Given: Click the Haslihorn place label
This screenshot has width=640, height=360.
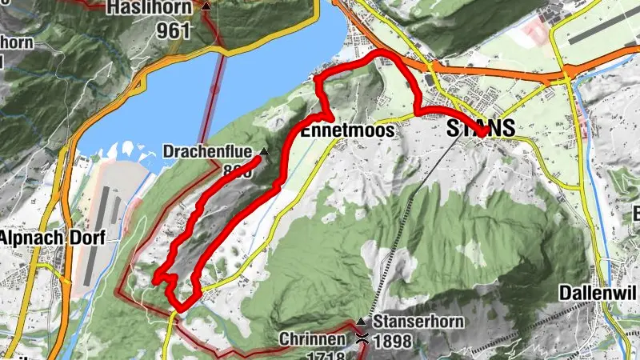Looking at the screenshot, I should (x=152, y=10).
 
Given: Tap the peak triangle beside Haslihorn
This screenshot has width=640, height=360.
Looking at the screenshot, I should (x=207, y=6).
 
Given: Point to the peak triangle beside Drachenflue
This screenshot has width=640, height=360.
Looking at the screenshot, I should (x=263, y=150).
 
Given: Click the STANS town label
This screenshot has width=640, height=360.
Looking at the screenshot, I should (x=479, y=128).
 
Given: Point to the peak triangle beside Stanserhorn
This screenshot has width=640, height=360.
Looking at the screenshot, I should (x=361, y=321).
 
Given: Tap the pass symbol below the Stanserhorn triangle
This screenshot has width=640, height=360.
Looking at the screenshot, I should (x=362, y=338).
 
